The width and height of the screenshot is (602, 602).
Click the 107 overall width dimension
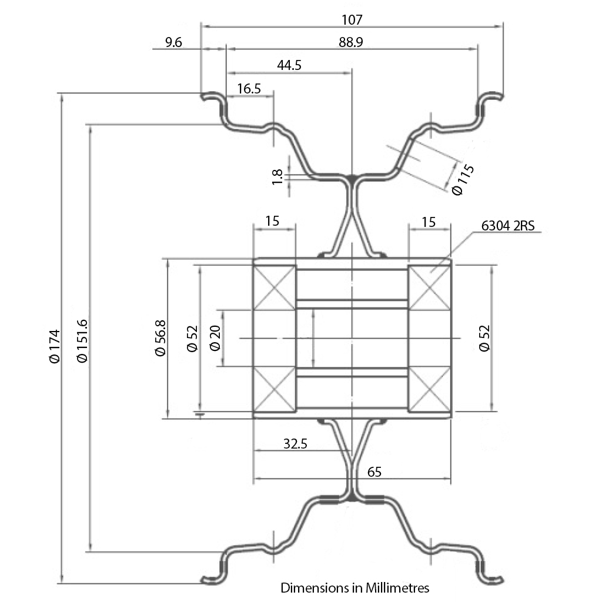(352, 19)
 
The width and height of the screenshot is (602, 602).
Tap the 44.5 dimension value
(289, 65)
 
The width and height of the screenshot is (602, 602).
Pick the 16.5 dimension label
(249, 89)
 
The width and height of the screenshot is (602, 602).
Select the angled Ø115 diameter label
(463, 179)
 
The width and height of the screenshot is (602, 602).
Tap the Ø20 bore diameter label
(215, 338)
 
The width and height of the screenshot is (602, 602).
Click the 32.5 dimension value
(295, 444)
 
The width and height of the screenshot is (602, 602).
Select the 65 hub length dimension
(374, 471)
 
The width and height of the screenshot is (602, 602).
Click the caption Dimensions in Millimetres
(355, 587)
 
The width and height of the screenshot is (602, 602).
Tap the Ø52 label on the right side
(484, 338)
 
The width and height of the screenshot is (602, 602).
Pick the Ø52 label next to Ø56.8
(192, 338)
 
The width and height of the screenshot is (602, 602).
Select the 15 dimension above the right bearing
(429, 221)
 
